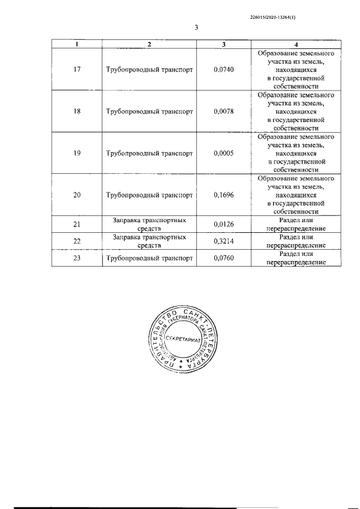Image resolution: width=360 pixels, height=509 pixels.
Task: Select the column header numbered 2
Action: [x=148, y=44]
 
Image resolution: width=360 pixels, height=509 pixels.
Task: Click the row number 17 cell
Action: [x=78, y=70]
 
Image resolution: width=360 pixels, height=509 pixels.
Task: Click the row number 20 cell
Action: [x=78, y=195]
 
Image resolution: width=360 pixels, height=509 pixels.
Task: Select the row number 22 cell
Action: [x=78, y=241]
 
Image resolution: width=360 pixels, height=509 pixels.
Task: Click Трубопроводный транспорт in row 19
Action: [x=149, y=153]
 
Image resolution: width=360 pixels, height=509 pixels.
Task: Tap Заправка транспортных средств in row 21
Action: [x=149, y=225]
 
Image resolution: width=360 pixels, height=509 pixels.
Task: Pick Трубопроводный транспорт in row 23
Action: [x=149, y=258]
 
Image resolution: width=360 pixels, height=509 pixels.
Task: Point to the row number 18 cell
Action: [x=78, y=111]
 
